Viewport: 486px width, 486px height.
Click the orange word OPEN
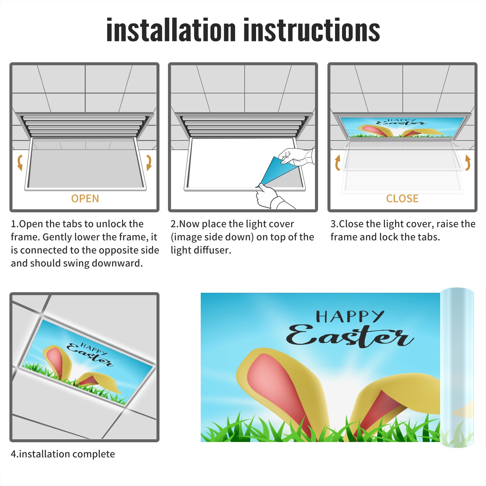click(85, 198)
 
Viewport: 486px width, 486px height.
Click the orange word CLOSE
click(402, 198)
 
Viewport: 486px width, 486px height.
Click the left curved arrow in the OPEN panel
click(19, 163)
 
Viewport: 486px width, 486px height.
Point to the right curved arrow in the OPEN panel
click(149, 163)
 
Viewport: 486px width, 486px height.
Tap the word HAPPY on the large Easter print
click(350, 317)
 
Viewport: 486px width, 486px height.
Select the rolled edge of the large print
click(457, 368)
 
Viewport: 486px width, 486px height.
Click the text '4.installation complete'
click(63, 454)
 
